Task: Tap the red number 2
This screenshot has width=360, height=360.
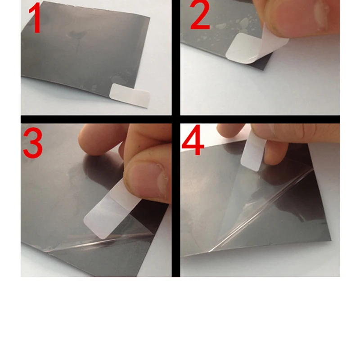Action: click(x=200, y=15)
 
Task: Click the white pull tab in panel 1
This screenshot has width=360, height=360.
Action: click(x=130, y=95)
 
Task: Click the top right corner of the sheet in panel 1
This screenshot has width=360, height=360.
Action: click(x=150, y=17)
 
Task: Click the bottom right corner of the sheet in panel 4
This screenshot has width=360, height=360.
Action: click(x=331, y=240)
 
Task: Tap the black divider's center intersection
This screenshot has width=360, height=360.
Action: click(x=176, y=119)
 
